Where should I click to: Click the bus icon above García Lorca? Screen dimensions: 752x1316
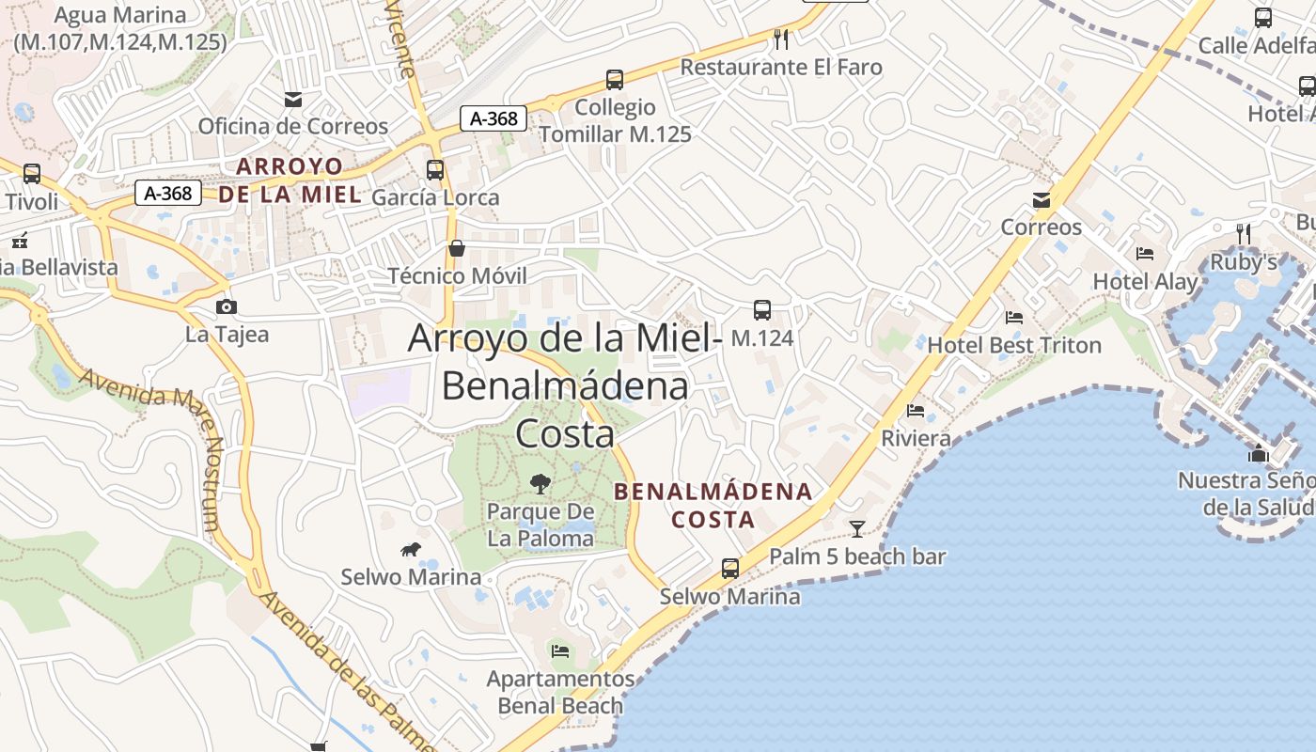coord(434,170)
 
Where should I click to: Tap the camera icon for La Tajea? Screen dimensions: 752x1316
coord(226,306)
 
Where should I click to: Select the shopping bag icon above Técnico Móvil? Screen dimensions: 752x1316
coord(457,248)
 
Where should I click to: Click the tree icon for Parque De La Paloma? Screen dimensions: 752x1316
coord(540,484)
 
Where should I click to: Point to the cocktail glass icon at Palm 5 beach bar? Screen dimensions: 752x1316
coord(856,528)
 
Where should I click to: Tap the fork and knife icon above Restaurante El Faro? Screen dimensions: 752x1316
coord(780,39)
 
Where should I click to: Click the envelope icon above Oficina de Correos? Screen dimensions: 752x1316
coord(293,99)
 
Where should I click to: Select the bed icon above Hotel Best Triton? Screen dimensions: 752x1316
coord(1013,318)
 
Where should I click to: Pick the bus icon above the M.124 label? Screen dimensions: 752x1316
coord(761,309)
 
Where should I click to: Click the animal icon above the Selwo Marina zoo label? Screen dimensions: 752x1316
coord(411,549)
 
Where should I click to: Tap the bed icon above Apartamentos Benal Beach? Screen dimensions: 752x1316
coord(560,650)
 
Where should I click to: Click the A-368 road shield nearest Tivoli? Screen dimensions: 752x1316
coord(169,194)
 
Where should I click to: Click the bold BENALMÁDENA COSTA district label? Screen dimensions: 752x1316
coord(713,505)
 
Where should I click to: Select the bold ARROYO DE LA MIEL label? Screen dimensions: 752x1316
coord(290,180)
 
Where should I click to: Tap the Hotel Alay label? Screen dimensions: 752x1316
coord(1145,281)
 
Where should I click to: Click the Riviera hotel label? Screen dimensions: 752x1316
coord(916,438)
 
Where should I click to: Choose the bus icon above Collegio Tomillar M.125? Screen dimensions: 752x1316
coord(614,80)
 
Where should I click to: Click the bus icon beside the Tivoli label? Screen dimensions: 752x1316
coord(32,174)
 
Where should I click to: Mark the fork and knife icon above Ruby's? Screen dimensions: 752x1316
coord(1243,233)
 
